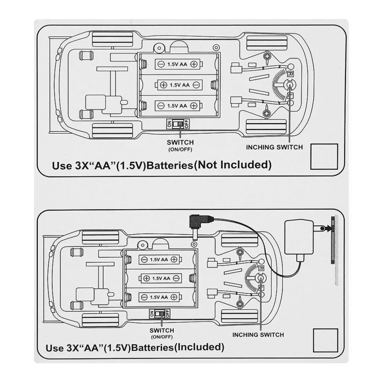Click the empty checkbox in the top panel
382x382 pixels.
click(324, 157)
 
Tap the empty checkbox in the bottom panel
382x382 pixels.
click(325, 340)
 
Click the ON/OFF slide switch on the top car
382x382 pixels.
click(178, 124)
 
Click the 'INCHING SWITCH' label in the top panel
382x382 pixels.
click(274, 147)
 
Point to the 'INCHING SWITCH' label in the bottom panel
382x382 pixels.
click(258, 335)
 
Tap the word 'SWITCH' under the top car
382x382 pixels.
click(180, 142)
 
